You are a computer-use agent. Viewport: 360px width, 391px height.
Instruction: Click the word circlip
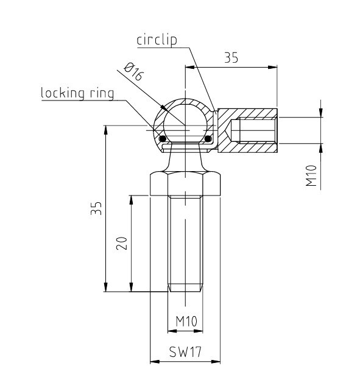point(157,40)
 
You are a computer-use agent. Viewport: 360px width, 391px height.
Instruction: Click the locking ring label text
point(77,93)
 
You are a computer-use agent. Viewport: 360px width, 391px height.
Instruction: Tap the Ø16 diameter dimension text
point(134,72)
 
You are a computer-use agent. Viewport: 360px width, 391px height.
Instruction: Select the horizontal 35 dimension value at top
point(231,58)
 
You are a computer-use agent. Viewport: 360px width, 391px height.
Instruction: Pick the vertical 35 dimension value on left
point(96,208)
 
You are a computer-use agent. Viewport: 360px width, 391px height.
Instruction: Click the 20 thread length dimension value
point(122,243)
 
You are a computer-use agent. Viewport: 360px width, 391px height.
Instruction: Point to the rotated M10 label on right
point(311,175)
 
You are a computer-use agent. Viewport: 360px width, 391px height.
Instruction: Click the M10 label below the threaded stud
point(186,322)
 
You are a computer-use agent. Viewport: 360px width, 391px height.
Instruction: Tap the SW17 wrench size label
point(185,352)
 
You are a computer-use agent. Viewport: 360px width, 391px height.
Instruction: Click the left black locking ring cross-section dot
point(163,138)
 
